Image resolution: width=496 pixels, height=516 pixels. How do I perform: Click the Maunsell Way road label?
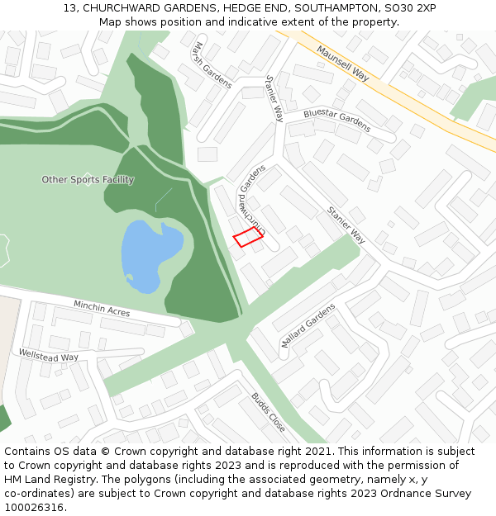(342, 63)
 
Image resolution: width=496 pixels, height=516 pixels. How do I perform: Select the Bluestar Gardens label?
(336, 120)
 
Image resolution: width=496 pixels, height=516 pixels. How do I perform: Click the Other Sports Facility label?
(88, 180)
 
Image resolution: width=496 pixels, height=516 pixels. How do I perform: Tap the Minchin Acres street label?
(102, 308)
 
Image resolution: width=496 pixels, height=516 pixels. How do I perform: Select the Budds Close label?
(269, 412)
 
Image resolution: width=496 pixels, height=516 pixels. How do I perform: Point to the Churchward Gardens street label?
(252, 199)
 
